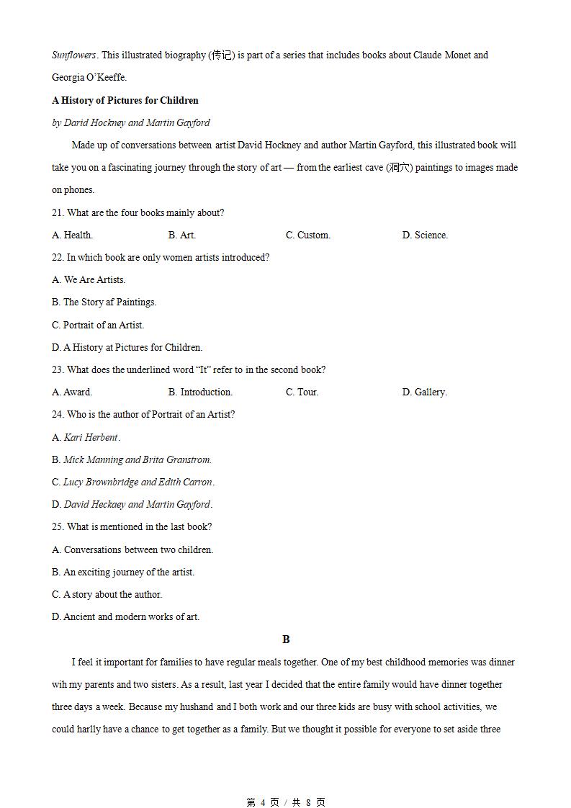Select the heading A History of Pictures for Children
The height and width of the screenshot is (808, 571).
pyautogui.click(x=125, y=100)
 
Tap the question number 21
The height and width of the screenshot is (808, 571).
pyautogui.click(x=58, y=212)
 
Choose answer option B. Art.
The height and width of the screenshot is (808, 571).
pyautogui.click(x=182, y=235)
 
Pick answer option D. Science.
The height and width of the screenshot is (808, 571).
pyautogui.click(x=425, y=235)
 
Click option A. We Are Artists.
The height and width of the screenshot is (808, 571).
pyautogui.click(x=89, y=279)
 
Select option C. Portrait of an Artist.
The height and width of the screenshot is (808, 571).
pyautogui.click(x=98, y=325)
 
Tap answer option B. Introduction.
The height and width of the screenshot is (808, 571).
pyautogui.click(x=200, y=392)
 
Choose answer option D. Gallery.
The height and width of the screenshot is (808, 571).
pyautogui.click(x=424, y=392)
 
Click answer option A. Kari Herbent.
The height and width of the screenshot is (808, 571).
pyautogui.click(x=86, y=437)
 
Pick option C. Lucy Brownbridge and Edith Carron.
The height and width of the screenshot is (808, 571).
pyautogui.click(x=133, y=482)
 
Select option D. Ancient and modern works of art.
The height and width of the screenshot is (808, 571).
pyautogui.click(x=125, y=616)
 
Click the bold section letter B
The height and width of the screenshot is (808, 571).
pyautogui.click(x=286, y=639)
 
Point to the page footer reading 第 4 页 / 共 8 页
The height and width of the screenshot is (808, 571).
pyautogui.click(x=286, y=802)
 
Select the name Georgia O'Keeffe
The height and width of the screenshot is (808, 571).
pyautogui.click(x=89, y=78)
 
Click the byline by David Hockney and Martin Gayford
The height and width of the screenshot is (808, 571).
pyautogui.click(x=131, y=122)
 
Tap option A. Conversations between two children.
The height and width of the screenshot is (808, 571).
pyautogui.click(x=132, y=549)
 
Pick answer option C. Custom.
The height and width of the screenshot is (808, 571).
pyautogui.click(x=308, y=235)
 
